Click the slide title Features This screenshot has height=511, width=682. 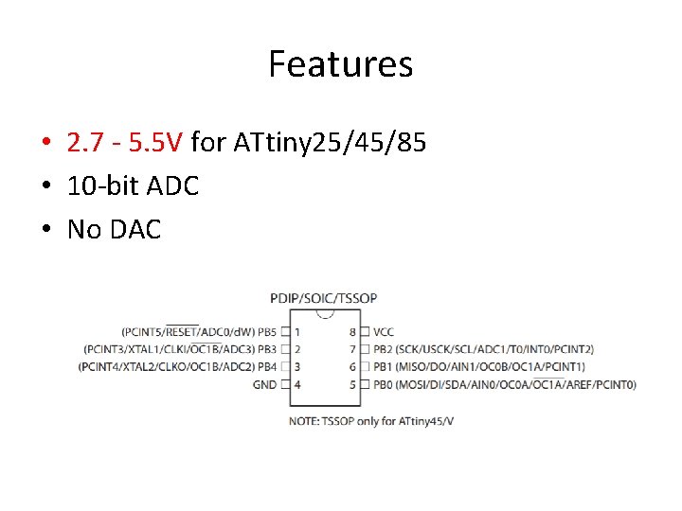pyautogui.click(x=340, y=64)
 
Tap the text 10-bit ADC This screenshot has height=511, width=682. pyautogui.click(x=133, y=185)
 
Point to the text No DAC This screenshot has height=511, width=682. pyautogui.click(x=114, y=228)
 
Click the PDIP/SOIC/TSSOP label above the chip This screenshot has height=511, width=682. pyautogui.click(x=324, y=298)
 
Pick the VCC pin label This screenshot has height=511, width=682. pyautogui.click(x=384, y=332)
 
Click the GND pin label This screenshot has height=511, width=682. pyautogui.click(x=264, y=384)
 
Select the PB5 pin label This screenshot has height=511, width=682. pyautogui.click(x=267, y=332)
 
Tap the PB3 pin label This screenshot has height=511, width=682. pyautogui.click(x=267, y=349)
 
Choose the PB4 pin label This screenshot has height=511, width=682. pyautogui.click(x=267, y=366)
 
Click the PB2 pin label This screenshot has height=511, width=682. pyautogui.click(x=383, y=349)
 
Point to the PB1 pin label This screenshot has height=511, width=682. pyautogui.click(x=383, y=366)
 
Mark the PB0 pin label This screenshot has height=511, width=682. pyautogui.click(x=383, y=384)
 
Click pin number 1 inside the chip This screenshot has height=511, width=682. pyautogui.click(x=297, y=332)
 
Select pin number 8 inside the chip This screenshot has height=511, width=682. pyautogui.click(x=352, y=332)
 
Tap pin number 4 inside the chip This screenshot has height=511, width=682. pyautogui.click(x=297, y=384)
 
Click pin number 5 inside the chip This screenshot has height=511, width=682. pyautogui.click(x=352, y=384)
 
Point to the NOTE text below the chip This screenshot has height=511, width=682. pyautogui.click(x=371, y=419)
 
